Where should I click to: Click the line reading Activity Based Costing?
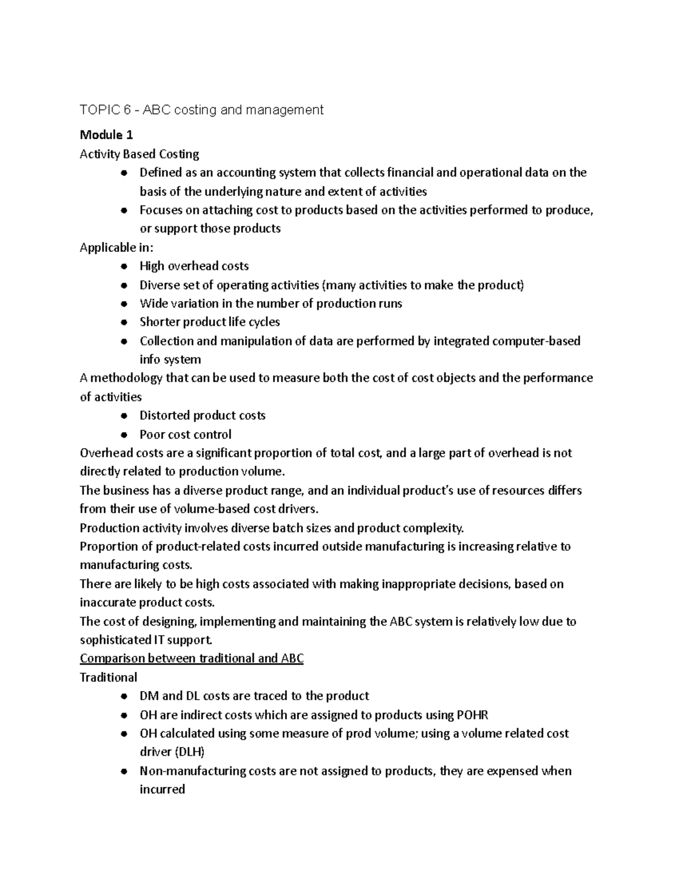click(139, 154)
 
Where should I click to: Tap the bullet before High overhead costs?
click(124, 267)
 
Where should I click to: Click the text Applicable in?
click(117, 247)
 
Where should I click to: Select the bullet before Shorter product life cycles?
click(124, 323)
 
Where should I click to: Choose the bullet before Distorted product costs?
click(124, 416)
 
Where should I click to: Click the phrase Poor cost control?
click(186, 435)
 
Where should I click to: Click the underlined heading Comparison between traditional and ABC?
click(192, 659)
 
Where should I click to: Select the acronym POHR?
click(472, 715)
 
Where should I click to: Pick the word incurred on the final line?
click(162, 790)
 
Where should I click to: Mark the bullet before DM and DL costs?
click(124, 697)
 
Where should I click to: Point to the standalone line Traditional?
click(109, 678)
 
